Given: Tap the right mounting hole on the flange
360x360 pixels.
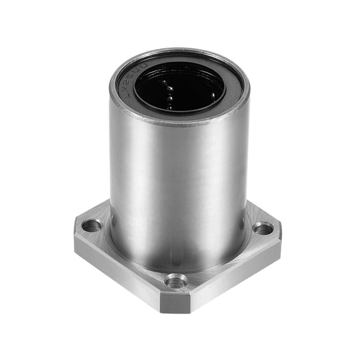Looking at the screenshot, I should [263, 229].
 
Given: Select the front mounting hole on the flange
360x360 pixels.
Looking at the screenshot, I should [176, 281].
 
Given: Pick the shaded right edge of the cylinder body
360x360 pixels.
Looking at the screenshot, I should [244, 175].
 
